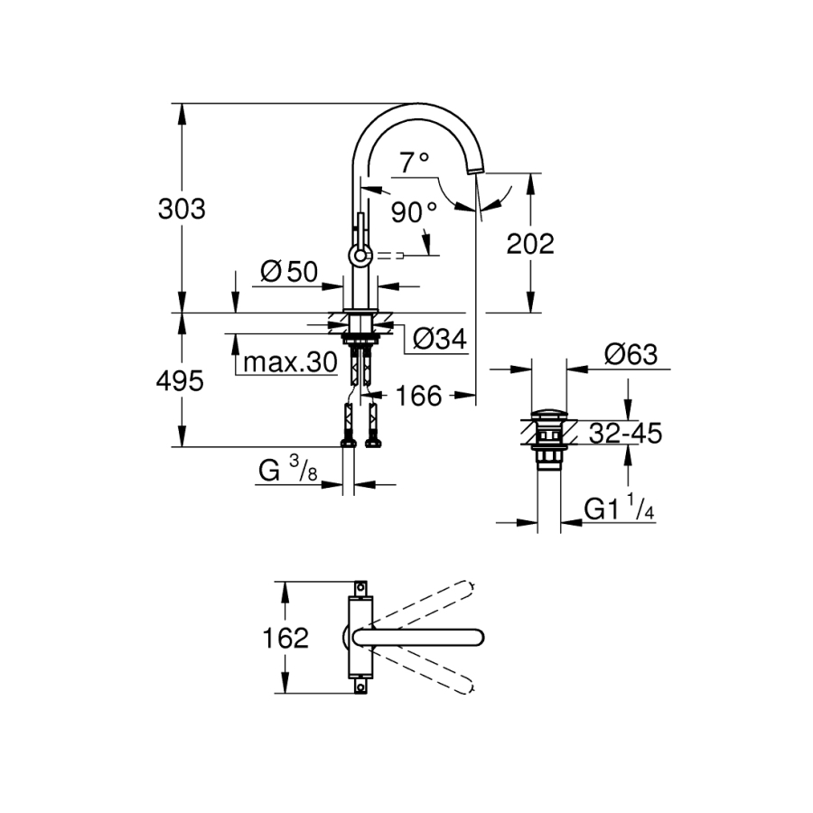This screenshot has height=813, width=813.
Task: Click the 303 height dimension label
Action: pos(182,210)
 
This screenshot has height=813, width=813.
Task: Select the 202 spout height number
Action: pos(530,244)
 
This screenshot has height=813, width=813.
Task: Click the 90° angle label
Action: pos(415,213)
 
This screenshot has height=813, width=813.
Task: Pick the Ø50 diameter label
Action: pos(289,271)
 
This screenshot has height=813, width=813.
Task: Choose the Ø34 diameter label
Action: pos(439,339)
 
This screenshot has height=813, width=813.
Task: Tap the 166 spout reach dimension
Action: pos(417,395)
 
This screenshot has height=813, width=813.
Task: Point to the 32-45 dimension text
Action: pos(625,434)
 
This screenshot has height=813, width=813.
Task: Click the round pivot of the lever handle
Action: pos(360,257)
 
